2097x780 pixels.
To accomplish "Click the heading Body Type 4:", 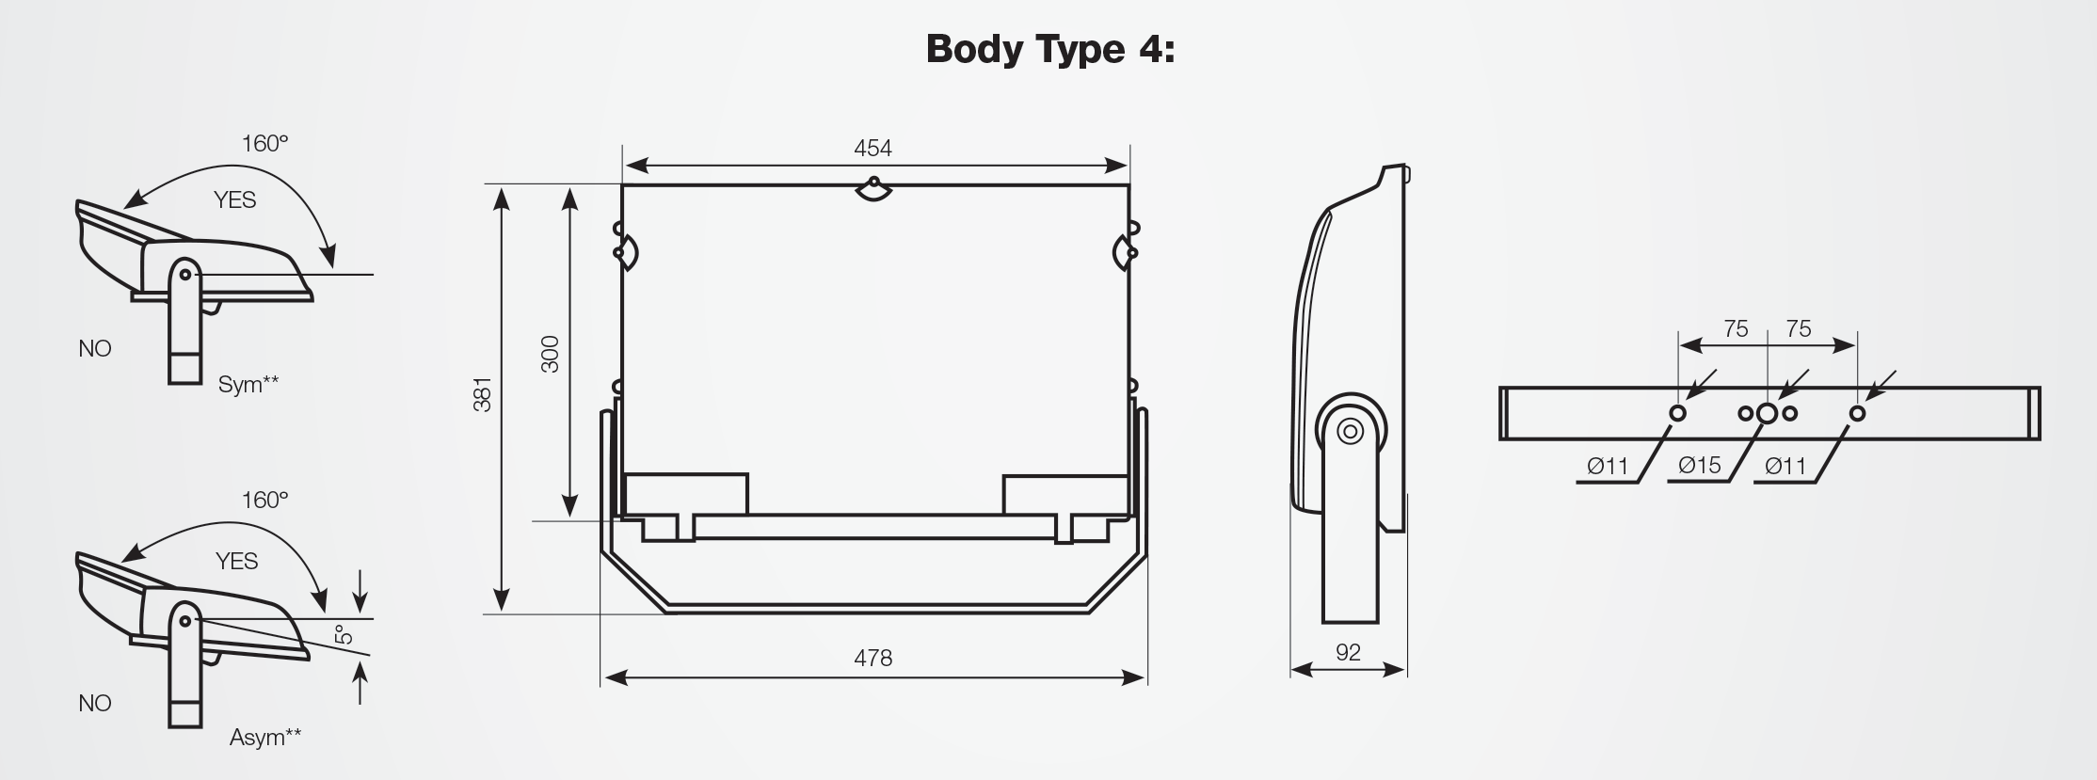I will tap(1049, 49).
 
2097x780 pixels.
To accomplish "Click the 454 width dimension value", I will tap(872, 148).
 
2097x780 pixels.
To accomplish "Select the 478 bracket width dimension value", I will tap(872, 658).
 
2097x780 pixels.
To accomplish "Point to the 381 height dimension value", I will tap(482, 395).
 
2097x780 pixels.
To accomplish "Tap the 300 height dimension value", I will tap(551, 354).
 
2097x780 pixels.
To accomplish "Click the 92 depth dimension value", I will tap(1348, 652).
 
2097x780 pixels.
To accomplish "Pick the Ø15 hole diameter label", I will tap(1699, 465).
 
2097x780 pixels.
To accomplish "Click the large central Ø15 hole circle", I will tap(1767, 413).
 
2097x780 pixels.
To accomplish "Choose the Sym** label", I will tap(248, 384).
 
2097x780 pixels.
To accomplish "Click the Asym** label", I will tap(265, 737).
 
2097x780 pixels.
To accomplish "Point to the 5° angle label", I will tap(345, 634).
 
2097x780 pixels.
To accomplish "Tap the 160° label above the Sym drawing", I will tap(264, 143).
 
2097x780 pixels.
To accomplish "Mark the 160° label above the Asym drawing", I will tap(264, 500).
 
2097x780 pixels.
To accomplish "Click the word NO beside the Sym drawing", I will tap(95, 349).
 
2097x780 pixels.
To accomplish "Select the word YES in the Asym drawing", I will tap(236, 562).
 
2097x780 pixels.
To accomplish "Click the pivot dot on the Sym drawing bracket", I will tap(185, 274).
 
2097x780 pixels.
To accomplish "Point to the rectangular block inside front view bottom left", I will tap(686, 494).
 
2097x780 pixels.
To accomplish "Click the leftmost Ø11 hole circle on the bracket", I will tap(1677, 413).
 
